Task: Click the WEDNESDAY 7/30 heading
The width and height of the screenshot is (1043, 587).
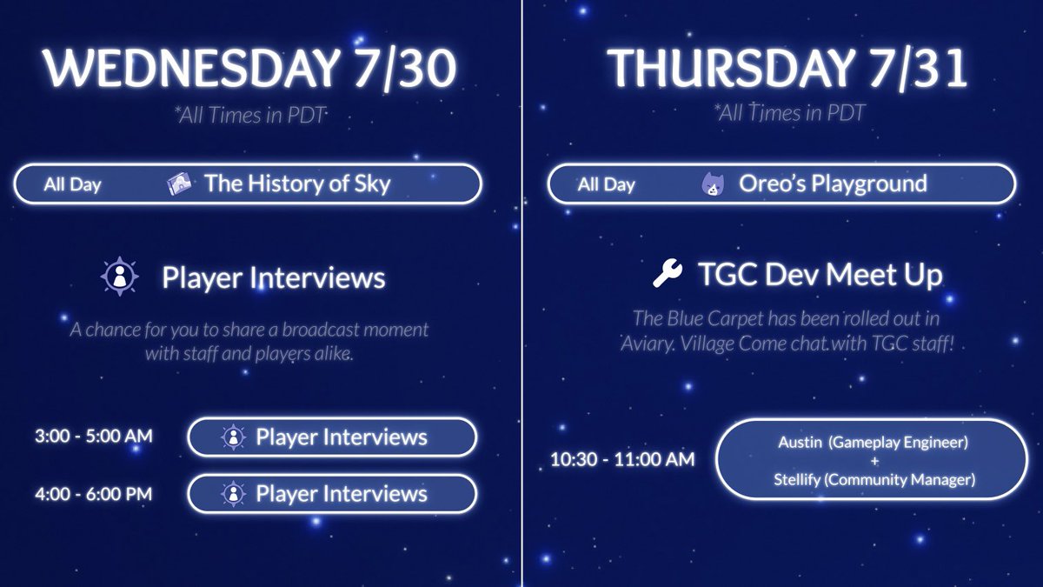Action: (250, 70)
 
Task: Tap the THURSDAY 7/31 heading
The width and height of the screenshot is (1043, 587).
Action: (787, 70)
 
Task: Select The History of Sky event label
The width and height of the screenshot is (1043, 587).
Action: (297, 183)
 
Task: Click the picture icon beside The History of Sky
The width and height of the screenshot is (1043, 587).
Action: (180, 184)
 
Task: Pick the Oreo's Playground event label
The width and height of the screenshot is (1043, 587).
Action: (833, 183)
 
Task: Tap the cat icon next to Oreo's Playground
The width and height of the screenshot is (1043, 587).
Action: (713, 184)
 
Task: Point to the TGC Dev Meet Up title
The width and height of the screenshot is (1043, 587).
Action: (820, 275)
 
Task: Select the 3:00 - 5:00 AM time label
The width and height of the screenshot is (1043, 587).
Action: (93, 437)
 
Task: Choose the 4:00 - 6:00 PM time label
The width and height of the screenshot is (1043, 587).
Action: (93, 494)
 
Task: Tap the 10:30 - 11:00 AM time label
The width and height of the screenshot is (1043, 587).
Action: (622, 459)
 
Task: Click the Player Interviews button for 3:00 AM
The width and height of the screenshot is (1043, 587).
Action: (332, 437)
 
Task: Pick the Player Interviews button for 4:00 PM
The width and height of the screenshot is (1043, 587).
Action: (332, 494)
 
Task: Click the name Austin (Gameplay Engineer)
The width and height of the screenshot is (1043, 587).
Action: (873, 443)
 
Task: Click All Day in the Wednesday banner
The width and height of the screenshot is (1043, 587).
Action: (73, 184)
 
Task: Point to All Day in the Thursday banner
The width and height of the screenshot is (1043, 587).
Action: (607, 184)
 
